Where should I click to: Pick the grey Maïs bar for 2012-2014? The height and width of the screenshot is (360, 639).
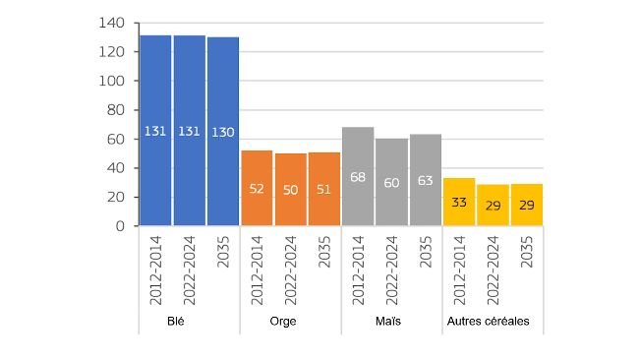[358, 176]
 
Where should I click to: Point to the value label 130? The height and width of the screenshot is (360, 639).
[223, 131]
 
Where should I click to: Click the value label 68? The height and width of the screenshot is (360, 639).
[358, 177]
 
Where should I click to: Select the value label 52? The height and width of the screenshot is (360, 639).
[258, 189]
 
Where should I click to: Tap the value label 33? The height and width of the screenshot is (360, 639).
[459, 203]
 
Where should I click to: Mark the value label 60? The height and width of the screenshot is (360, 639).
[392, 183]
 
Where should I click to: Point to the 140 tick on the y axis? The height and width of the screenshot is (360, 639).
[112, 23]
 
